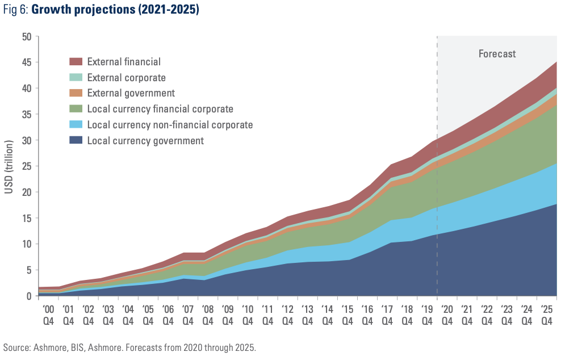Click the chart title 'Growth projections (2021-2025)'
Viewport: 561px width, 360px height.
click(x=115, y=11)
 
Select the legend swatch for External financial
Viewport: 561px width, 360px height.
click(x=76, y=61)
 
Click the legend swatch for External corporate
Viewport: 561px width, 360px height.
click(x=76, y=77)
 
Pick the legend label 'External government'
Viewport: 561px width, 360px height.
click(x=131, y=93)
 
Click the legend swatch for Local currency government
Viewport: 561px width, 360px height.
click(x=76, y=140)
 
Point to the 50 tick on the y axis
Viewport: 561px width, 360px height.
click(x=27, y=37)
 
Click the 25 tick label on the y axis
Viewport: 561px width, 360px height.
click(x=27, y=166)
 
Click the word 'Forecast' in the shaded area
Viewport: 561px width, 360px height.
click(x=497, y=54)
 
